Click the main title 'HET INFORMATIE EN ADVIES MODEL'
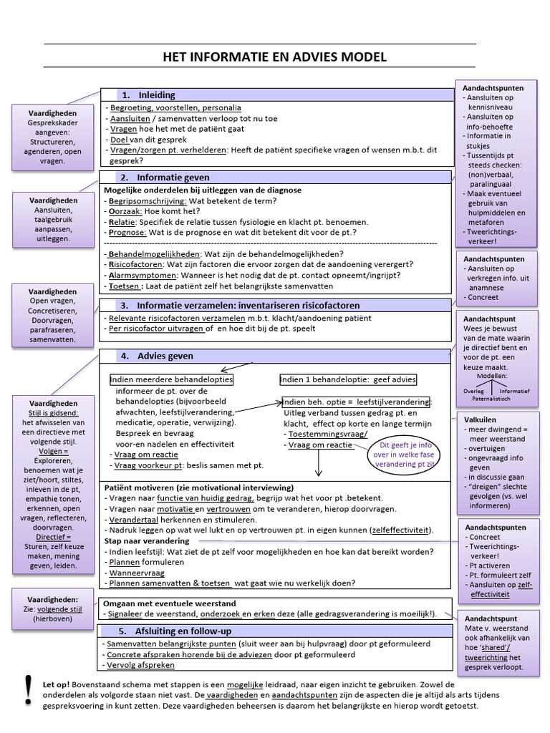click(x=275, y=57)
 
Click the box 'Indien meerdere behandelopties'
click(x=171, y=379)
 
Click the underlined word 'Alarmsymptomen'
click(x=142, y=274)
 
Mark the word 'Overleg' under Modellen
click(x=473, y=392)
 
